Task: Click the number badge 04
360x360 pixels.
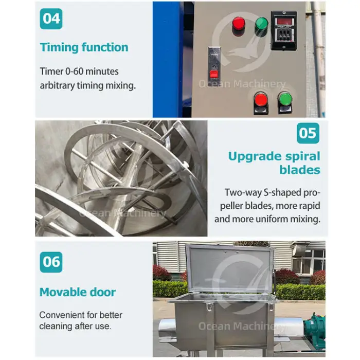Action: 51,19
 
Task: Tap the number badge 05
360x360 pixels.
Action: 308,133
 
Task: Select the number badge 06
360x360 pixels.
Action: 51,262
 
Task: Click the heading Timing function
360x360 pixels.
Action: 84,47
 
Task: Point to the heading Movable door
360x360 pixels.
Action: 78,292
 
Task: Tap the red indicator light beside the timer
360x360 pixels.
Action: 239,24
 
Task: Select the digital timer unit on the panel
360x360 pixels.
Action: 284,30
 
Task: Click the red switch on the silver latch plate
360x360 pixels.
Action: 214,75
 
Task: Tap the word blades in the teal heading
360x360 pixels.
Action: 300,170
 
